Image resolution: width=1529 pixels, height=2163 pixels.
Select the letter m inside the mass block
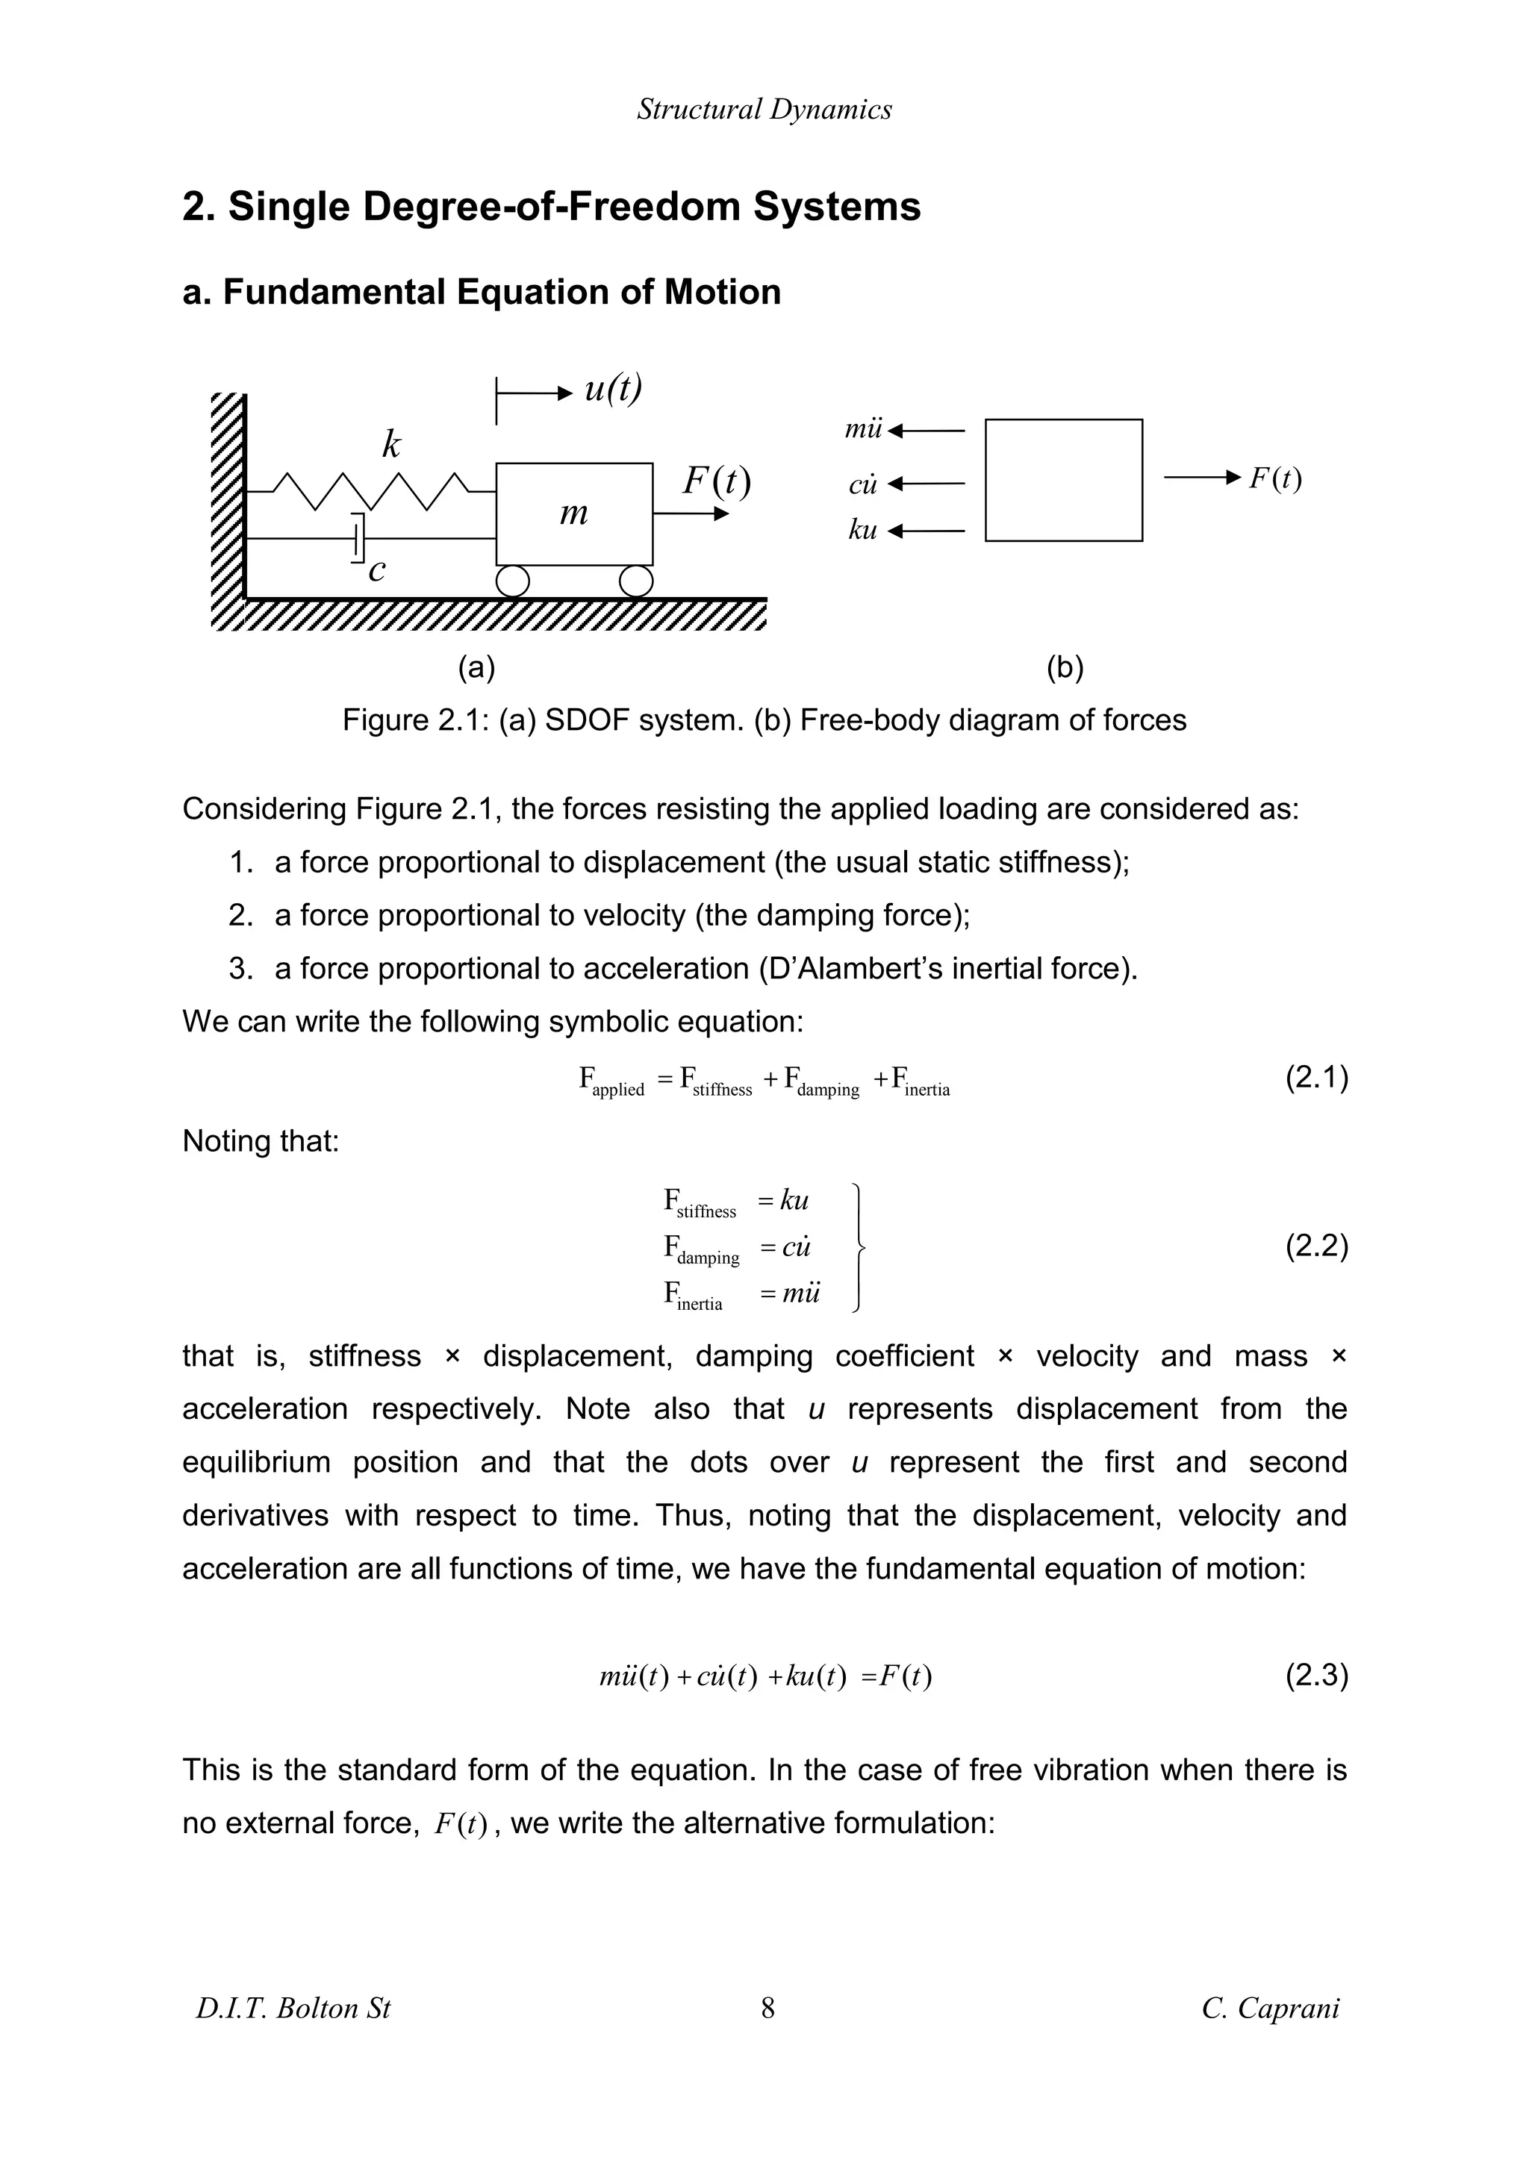[573, 514]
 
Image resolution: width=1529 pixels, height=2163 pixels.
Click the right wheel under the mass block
[637, 581]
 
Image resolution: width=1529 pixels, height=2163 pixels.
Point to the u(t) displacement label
[612, 388]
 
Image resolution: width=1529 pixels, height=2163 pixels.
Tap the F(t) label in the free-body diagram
[1274, 478]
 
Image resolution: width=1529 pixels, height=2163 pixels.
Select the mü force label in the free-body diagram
[863, 431]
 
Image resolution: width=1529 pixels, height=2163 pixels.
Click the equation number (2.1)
[1316, 1077]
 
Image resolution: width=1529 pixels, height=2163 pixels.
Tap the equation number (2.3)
[1316, 1675]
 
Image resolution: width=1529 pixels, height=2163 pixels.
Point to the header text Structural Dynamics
[764, 109]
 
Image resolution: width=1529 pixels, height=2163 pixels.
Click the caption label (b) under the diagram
[1065, 668]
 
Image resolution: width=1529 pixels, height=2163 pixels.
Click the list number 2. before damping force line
[241, 915]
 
